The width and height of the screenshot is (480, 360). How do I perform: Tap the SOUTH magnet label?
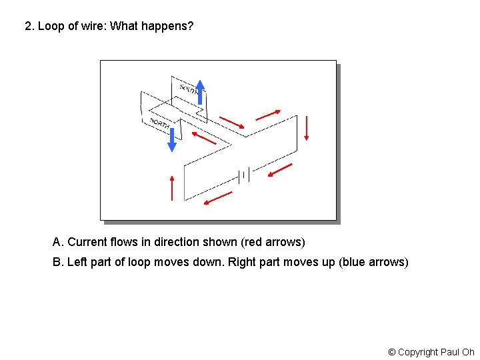pos(189,88)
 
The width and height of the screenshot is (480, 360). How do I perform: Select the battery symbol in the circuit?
pos(243,175)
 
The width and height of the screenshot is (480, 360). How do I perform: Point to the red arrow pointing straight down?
pos(307,128)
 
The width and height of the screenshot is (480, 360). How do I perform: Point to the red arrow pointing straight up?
pos(172,187)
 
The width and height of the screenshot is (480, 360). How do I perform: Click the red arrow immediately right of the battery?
pos(279,171)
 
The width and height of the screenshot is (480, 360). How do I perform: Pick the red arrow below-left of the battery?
pos(218,198)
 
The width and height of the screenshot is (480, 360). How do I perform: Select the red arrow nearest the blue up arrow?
pos(232,122)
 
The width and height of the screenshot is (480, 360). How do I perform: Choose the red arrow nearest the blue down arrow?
pos(204,138)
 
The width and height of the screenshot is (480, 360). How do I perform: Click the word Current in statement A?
pos(87,242)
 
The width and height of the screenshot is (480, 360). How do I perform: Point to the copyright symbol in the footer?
pos(392,352)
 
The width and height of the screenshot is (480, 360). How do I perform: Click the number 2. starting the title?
pos(29,27)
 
